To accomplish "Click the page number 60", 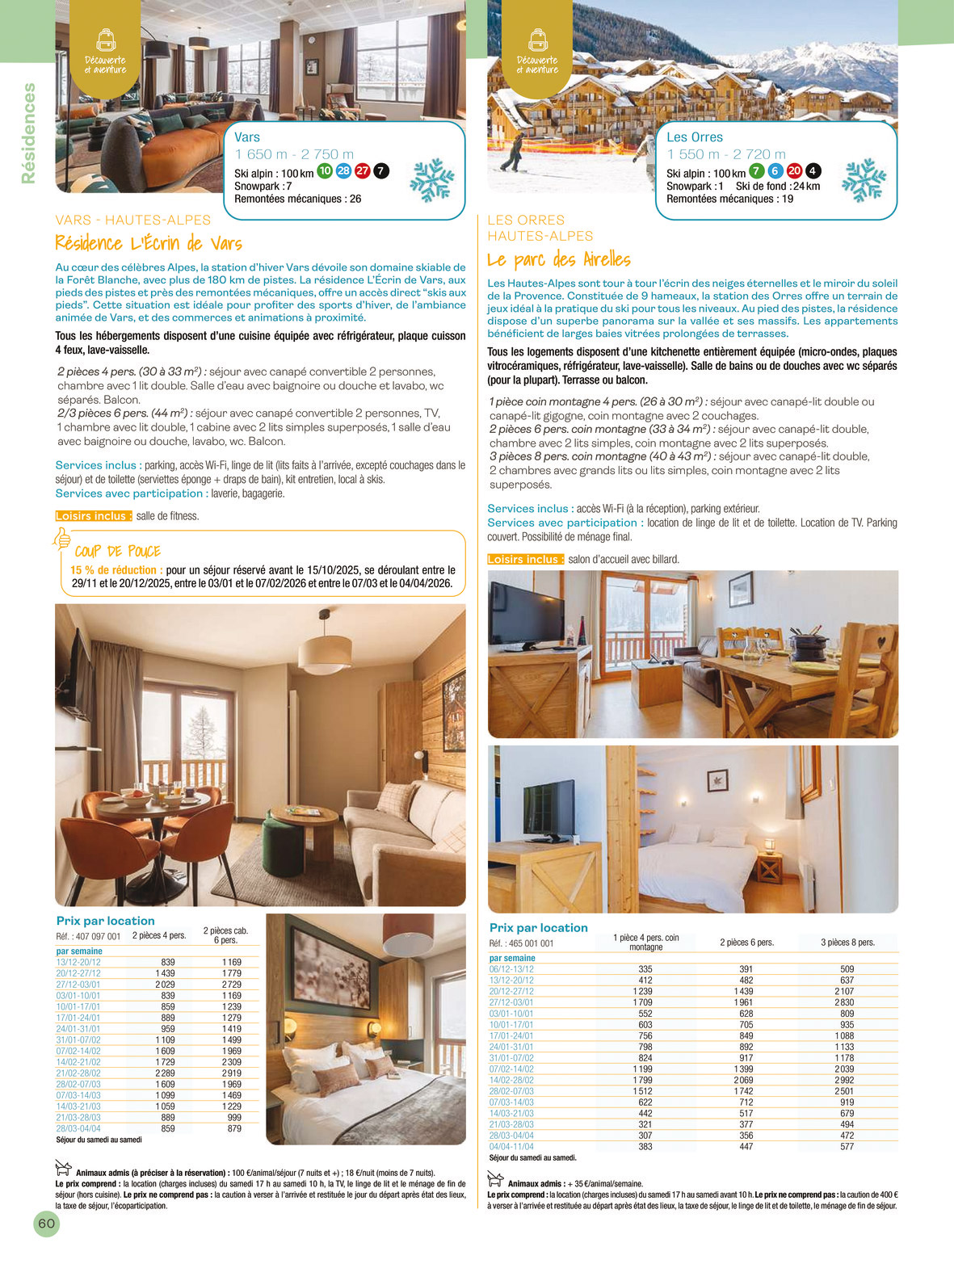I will coord(47,1223).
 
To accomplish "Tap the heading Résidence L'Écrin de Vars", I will coord(149,243).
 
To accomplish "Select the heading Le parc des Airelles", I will coord(559,259).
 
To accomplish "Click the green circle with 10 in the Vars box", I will coord(325,170).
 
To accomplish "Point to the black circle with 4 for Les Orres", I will coord(813,170).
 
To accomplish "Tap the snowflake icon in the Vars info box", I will coord(432,179).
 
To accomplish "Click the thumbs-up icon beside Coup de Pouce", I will coord(62,540).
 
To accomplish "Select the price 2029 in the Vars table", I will coord(165,985).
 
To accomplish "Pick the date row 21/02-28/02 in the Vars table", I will coord(78,1073).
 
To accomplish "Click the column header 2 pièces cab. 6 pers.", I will coord(225,935).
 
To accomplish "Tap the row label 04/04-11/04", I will coord(511,1147).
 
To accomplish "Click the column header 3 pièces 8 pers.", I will coord(847,943).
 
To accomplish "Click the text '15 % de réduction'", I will coord(113,570).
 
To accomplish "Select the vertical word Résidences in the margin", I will coord(29,133).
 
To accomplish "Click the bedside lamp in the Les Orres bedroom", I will coord(769,846).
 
